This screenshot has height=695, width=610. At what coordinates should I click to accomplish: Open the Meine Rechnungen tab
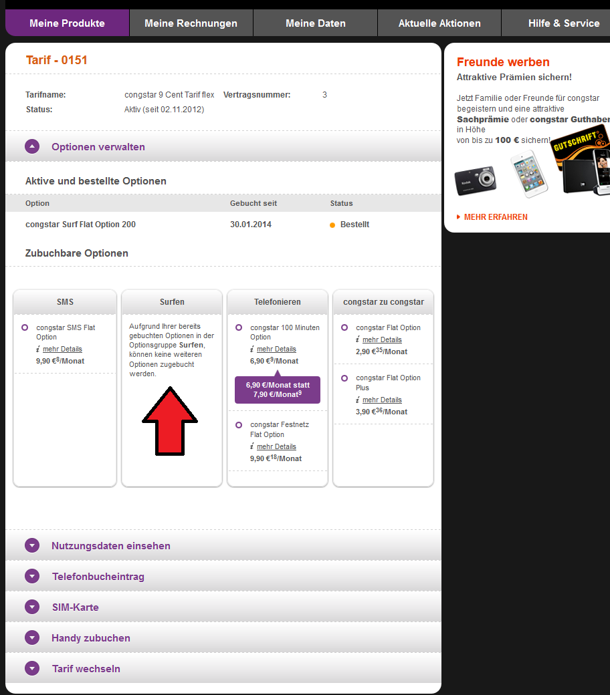pos(191,23)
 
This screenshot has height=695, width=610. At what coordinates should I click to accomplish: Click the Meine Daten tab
pos(316,23)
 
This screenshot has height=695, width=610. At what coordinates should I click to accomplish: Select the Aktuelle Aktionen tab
pos(439,23)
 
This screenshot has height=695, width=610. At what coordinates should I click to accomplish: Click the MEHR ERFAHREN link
pos(496,217)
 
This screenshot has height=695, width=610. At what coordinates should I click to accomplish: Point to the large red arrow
pos(170,421)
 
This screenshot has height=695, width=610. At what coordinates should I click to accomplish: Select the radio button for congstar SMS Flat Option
pos(25,327)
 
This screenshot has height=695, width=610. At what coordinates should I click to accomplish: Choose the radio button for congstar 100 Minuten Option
pos(239,327)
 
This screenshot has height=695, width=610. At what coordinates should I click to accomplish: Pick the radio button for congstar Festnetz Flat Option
pos(239,425)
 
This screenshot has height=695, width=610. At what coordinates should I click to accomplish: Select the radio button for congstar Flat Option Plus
pos(344,378)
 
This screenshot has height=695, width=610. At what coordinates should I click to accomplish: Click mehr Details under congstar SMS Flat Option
pos(62,350)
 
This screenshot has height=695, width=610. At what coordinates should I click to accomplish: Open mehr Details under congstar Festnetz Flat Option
pos(276,447)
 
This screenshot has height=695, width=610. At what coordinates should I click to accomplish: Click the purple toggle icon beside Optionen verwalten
pos(32,146)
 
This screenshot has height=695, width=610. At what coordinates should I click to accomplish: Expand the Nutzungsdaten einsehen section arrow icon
pos(32,545)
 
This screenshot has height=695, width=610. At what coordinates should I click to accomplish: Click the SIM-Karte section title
pos(76,607)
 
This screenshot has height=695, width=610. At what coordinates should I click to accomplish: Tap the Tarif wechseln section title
pos(86,669)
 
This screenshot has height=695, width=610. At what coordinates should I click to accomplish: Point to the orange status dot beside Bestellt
pos(332,225)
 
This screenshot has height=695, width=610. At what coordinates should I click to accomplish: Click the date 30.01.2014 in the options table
pos(251,225)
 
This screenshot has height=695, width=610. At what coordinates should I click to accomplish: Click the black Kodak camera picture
pos(476,180)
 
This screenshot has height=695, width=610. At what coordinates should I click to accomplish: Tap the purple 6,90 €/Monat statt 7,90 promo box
pos(278,390)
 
